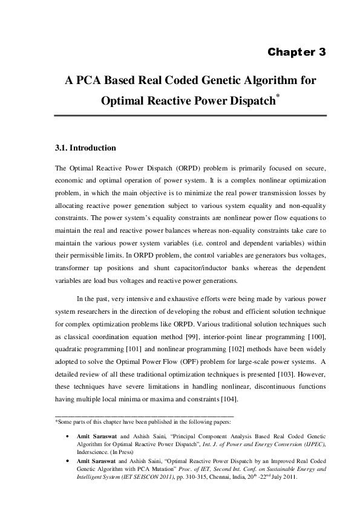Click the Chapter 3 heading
[x=296, y=52]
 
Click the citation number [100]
[x=316, y=336]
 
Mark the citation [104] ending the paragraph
[x=228, y=398]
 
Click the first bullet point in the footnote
[x=65, y=436]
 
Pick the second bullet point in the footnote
[x=65, y=461]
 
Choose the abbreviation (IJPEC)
[x=314, y=444]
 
